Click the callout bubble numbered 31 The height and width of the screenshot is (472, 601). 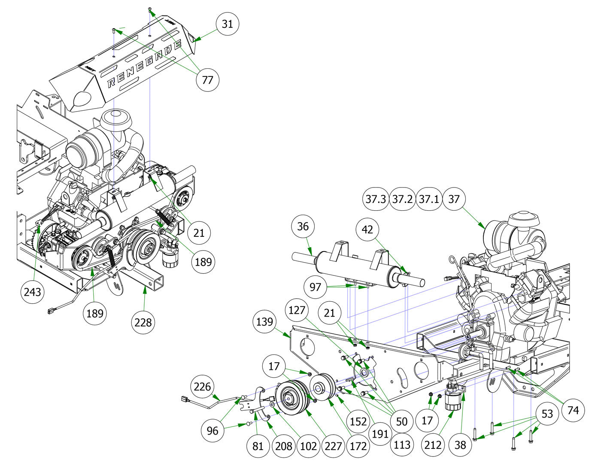point(227,24)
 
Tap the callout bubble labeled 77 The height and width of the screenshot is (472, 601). point(207,80)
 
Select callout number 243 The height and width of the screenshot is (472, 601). point(33,292)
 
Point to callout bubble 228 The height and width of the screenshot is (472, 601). point(143,322)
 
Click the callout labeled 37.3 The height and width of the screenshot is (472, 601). point(376,199)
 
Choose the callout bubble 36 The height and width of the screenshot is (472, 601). point(303,226)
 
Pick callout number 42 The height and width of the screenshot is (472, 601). point(367,230)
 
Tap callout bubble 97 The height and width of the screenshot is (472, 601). point(315,287)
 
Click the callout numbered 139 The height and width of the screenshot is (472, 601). point(264,321)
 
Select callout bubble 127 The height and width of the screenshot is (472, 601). point(297,310)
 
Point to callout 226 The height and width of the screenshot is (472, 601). point(202,387)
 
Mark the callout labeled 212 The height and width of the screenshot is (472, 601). point(433,445)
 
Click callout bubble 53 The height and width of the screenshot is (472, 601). point(547,414)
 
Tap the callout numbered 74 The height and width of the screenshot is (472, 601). point(573,410)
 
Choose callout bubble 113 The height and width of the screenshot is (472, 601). point(402,445)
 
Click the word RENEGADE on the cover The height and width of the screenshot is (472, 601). point(144,63)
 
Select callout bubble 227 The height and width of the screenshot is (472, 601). point(333,446)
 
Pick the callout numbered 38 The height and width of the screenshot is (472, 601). point(460,445)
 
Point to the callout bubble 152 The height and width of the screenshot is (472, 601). point(358,421)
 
